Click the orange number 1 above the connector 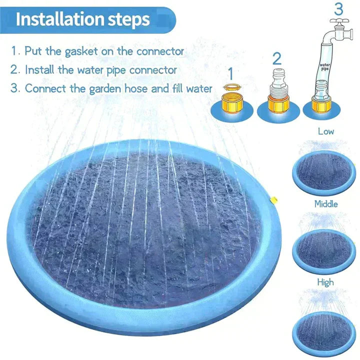(230, 73)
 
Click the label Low (326, 131)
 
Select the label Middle (326, 203)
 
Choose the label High (325, 282)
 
